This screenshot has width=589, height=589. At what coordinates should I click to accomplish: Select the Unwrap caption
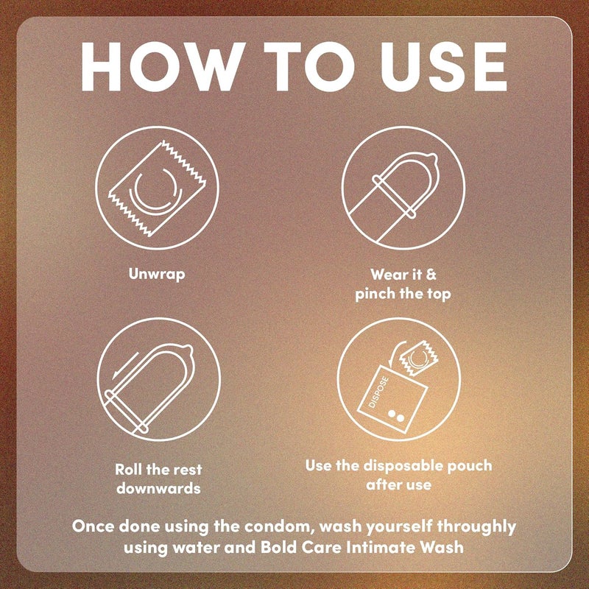click(x=157, y=274)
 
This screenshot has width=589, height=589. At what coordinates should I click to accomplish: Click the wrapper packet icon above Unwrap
click(x=158, y=188)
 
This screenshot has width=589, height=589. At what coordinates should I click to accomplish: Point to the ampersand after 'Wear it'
click(x=431, y=274)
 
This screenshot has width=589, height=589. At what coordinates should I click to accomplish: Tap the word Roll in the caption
click(x=128, y=470)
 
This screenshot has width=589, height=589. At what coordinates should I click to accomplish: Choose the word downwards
click(x=158, y=488)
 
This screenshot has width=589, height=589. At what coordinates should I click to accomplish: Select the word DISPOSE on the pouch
click(x=378, y=392)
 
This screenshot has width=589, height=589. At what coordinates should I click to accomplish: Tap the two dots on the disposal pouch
click(x=396, y=416)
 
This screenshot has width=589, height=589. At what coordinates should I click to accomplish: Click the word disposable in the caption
click(x=403, y=466)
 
